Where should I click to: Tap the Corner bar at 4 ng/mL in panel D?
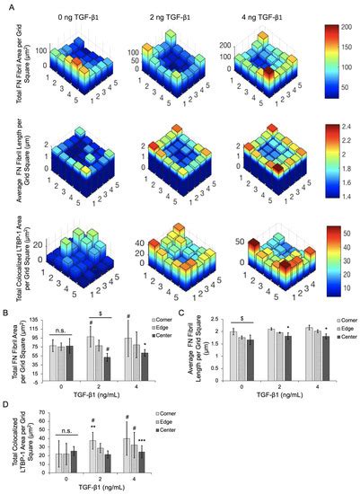(x=127, y=454)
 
